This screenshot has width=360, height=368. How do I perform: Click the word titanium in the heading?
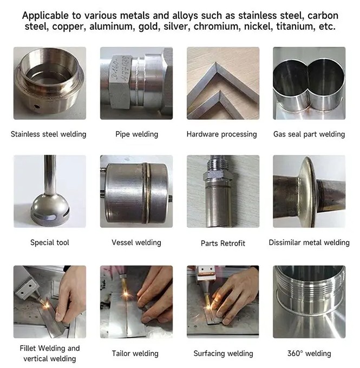296,26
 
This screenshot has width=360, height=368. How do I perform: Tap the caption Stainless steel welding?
49,134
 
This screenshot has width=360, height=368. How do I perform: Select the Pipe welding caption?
136,134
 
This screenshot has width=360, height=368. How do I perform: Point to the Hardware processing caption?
222,134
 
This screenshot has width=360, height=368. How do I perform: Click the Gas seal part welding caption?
309,134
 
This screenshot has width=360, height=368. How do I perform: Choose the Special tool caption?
50,242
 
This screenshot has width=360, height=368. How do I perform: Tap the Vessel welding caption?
136,242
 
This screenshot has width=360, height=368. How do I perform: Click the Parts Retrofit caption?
223,243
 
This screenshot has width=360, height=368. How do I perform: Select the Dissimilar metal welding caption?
309,242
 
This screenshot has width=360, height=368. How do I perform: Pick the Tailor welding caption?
135,353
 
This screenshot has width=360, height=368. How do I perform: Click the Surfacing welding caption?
224,353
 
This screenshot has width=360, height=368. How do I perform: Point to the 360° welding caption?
309,353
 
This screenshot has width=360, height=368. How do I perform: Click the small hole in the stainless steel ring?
37,107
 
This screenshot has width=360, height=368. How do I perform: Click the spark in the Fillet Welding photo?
46,305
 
